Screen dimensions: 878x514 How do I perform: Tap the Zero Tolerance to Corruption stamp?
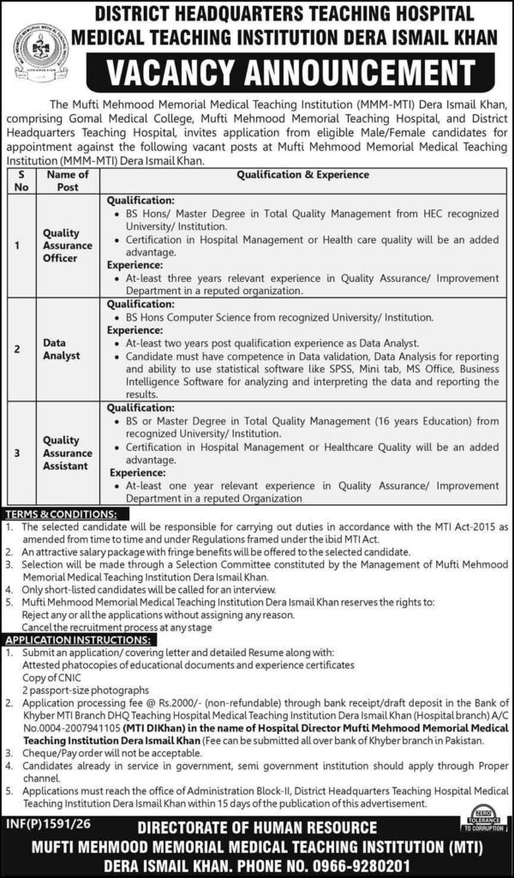pos(484,816)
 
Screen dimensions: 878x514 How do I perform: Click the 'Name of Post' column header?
pos(67,180)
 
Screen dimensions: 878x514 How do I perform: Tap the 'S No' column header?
pos(20,180)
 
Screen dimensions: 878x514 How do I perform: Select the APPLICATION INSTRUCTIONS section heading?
pos(77,640)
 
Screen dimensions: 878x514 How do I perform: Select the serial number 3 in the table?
pos(18,453)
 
